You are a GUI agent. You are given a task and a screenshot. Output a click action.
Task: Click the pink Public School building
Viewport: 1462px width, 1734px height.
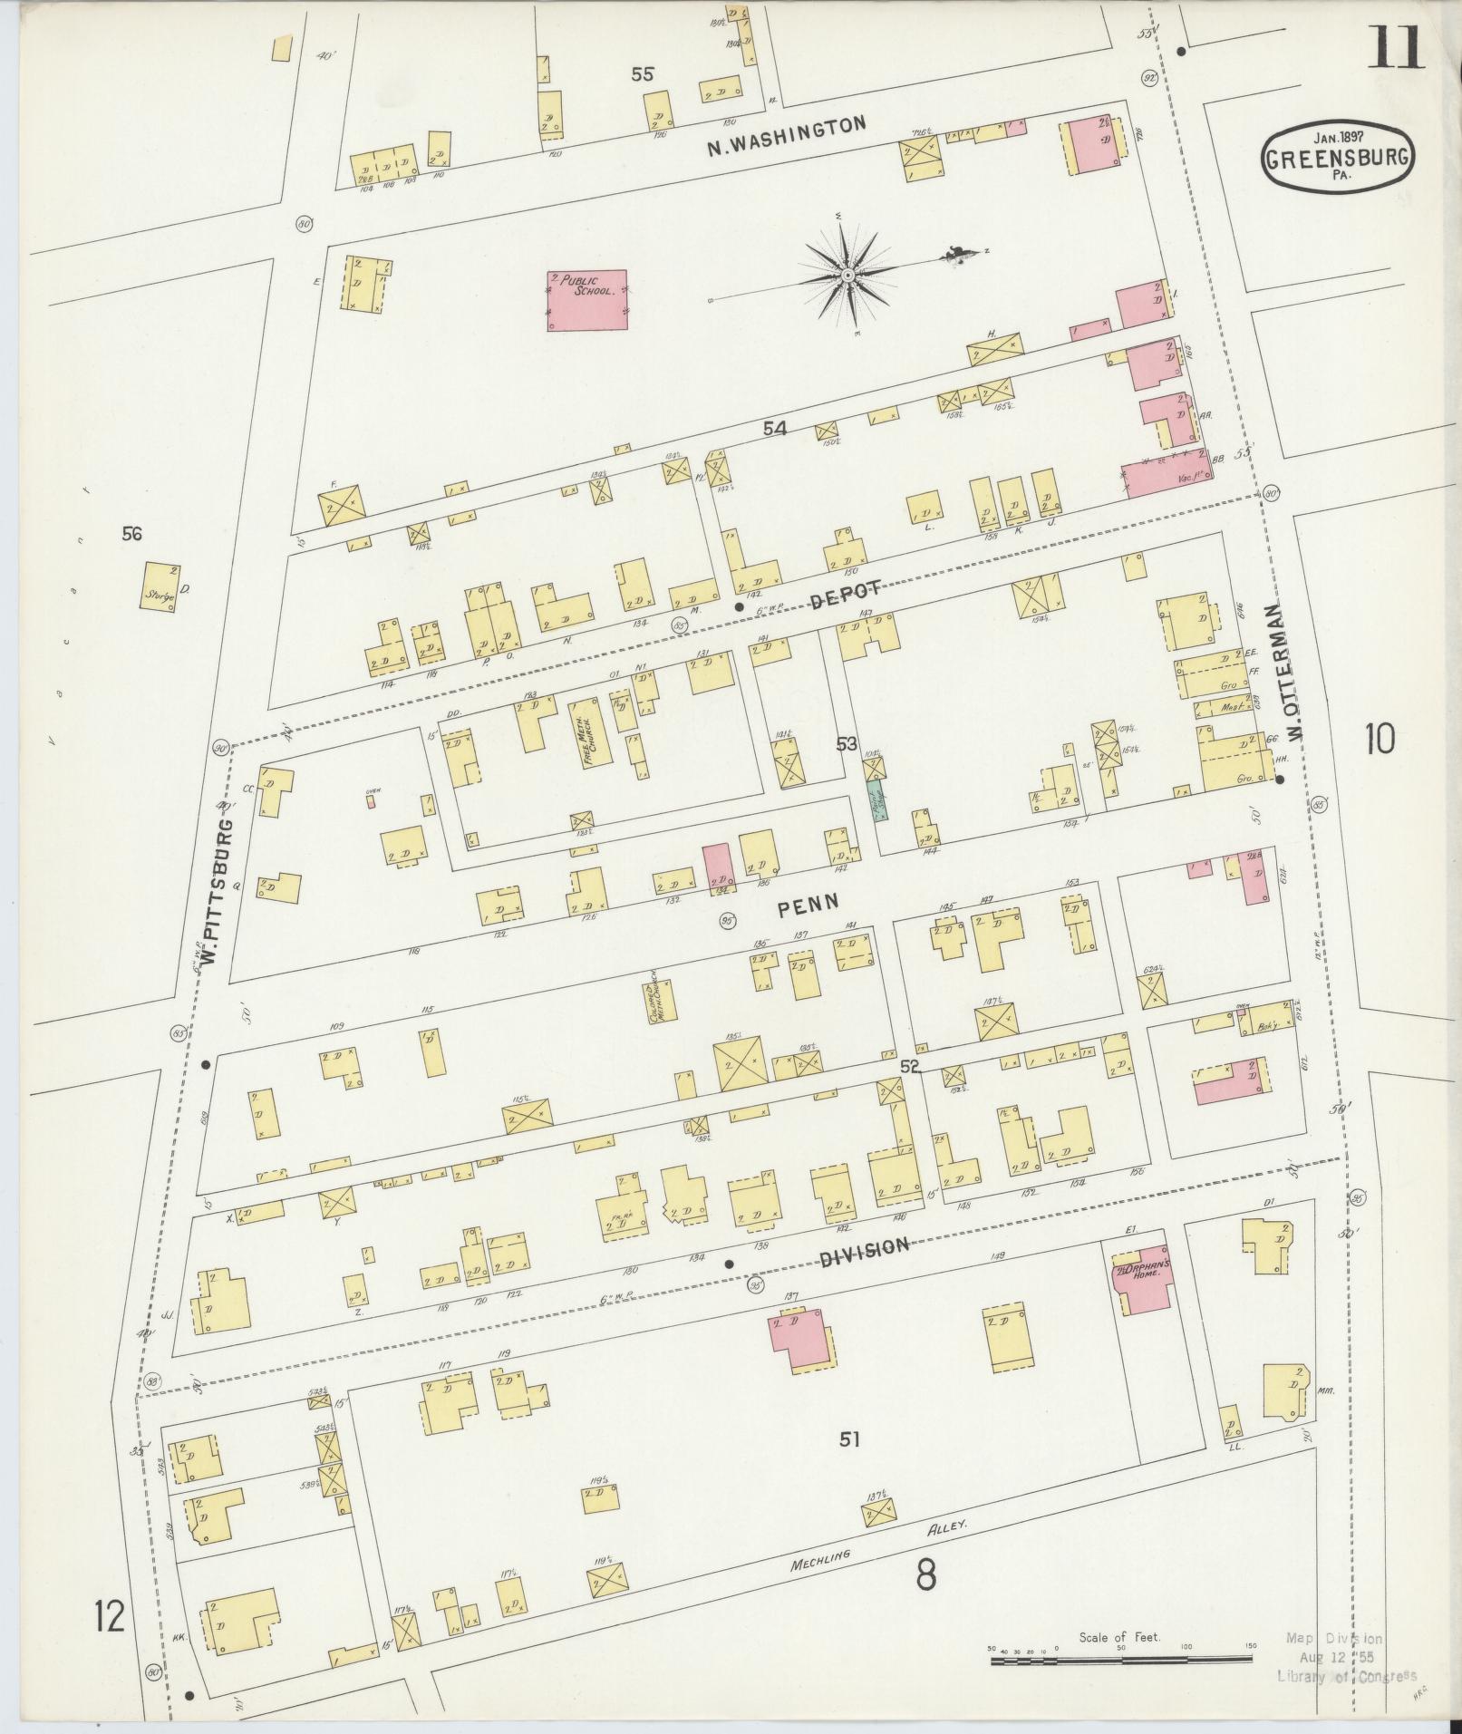point(587,299)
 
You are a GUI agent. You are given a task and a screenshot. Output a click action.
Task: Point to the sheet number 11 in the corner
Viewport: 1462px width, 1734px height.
point(1395,47)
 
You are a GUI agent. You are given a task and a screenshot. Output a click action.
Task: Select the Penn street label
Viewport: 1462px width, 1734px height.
point(806,903)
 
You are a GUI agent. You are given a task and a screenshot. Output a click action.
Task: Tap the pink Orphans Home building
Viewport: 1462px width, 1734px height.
point(1142,1282)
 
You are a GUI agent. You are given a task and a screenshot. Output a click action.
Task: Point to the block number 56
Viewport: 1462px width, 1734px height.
point(132,534)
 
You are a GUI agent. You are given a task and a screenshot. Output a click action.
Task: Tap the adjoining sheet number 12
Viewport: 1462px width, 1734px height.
point(109,1616)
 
